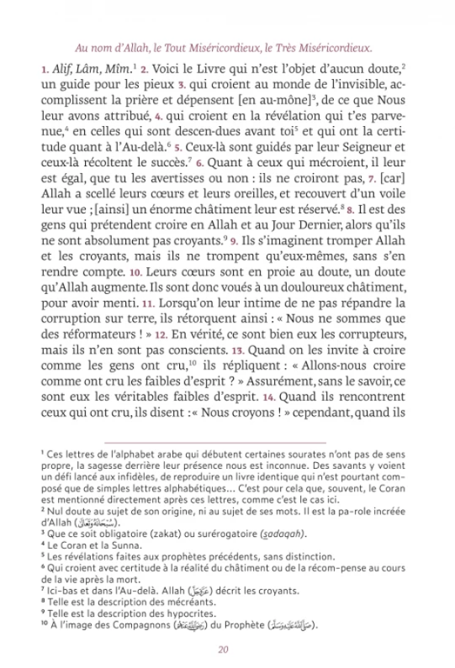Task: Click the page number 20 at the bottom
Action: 223,648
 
